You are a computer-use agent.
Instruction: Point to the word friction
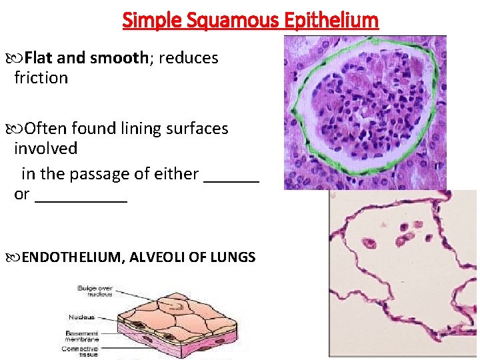pyautogui.click(x=41, y=78)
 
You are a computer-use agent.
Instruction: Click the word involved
pyautogui.click(x=45, y=149)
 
